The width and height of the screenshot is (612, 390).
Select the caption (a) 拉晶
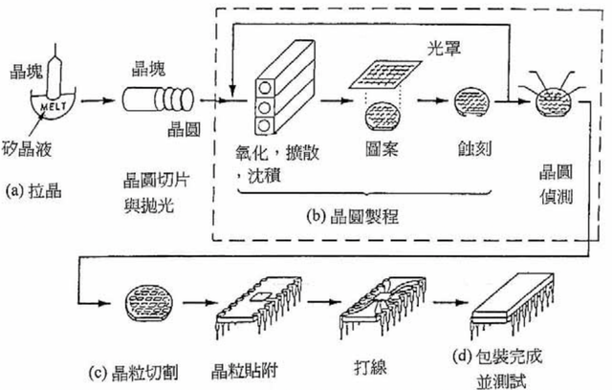pyautogui.click(x=39, y=189)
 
